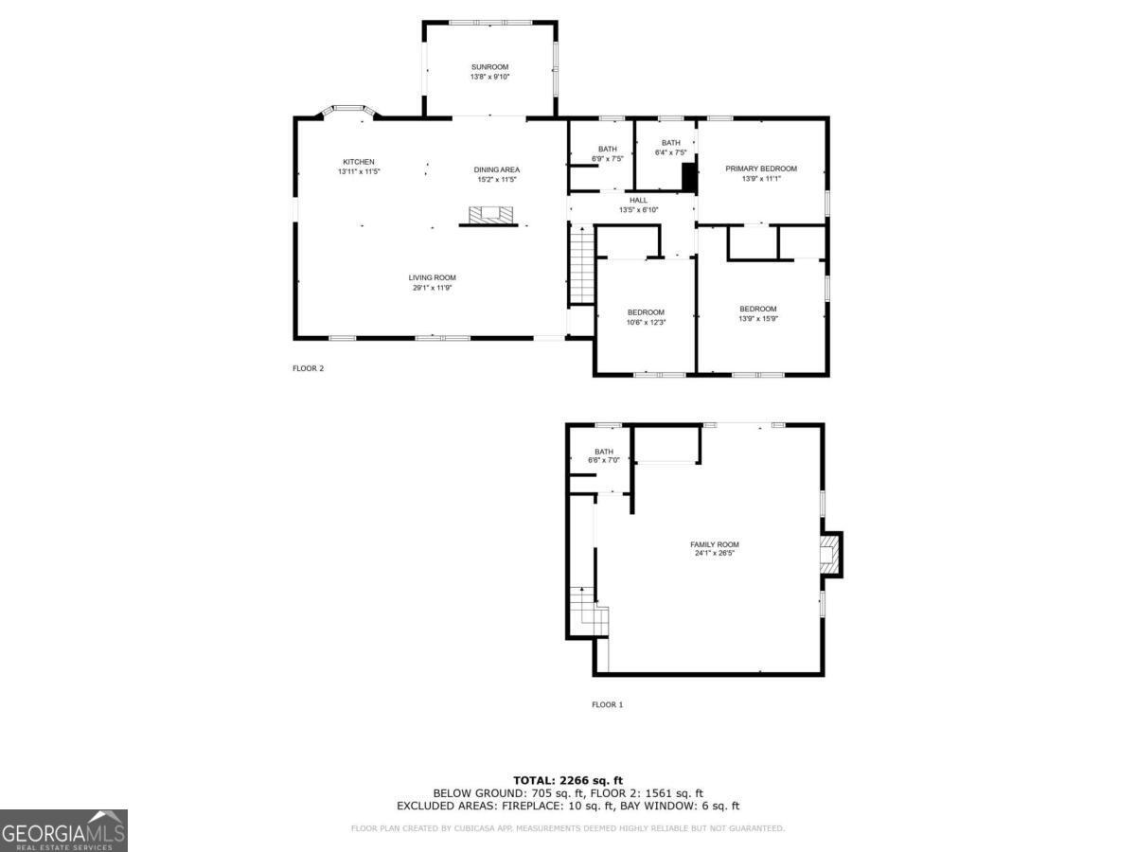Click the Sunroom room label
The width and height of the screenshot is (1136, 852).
tap(489, 67)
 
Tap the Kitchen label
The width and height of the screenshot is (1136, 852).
tap(359, 162)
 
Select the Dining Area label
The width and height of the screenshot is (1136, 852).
tap(497, 169)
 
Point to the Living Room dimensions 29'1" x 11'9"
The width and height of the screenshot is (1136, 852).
tap(433, 288)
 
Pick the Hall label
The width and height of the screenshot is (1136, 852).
tap(638, 200)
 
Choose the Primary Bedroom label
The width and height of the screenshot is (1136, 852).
tap(761, 169)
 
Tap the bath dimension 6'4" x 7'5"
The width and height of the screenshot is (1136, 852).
tap(670, 152)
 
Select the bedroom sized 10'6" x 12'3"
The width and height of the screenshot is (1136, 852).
tap(646, 323)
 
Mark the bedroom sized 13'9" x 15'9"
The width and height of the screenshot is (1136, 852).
tap(757, 319)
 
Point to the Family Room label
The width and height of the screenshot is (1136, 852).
tap(714, 544)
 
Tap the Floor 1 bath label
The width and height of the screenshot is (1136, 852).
tap(604, 452)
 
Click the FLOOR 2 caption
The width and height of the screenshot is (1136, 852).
tap(308, 368)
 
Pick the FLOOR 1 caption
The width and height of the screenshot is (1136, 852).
tap(607, 704)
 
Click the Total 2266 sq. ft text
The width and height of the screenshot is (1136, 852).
tap(567, 779)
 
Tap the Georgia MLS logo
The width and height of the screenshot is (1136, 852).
tap(63, 830)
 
